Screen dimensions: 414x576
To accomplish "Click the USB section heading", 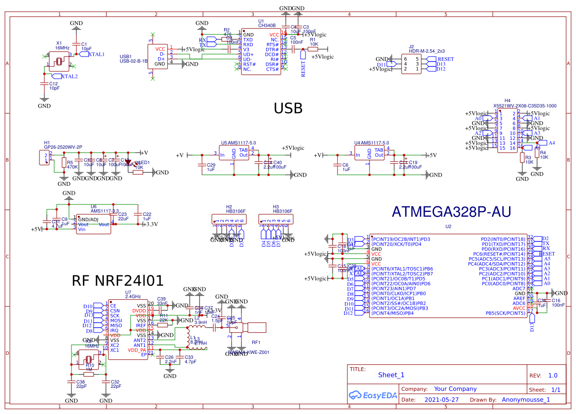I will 288,109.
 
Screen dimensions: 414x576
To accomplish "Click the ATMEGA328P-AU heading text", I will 451,212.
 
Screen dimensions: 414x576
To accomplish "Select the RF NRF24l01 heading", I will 117,281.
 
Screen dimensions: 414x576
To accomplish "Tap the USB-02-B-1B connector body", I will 158,57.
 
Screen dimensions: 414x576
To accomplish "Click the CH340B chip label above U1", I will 267,25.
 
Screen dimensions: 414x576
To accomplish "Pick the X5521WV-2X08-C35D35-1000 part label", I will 525,105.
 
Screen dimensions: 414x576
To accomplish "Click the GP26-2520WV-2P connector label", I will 63,147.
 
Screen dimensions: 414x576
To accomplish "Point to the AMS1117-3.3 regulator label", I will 105,211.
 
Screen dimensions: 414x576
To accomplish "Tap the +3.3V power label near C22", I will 150,224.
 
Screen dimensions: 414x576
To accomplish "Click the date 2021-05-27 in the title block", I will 441,400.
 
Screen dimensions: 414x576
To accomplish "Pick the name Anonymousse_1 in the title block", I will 526,400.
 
